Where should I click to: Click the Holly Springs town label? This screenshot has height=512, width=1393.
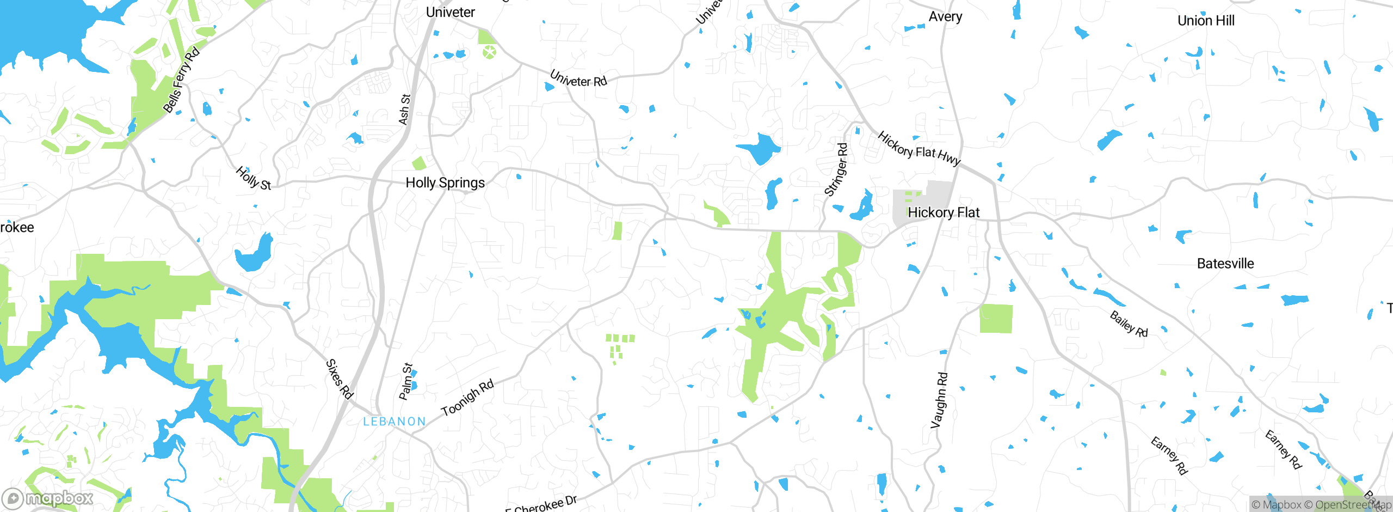(x=445, y=182)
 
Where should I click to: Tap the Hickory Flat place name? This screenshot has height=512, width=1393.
(x=944, y=212)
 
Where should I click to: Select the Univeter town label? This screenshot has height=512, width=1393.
(x=450, y=12)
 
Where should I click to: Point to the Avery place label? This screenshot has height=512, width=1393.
(x=945, y=16)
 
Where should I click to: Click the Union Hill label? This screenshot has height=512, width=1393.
(x=1206, y=21)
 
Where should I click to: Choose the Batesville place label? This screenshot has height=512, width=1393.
(x=1225, y=264)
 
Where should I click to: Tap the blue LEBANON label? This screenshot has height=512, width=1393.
(x=395, y=422)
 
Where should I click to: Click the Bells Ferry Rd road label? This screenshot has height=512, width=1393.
(x=182, y=80)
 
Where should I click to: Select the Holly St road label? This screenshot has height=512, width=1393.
(x=253, y=178)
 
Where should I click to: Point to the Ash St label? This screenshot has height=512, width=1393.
(x=405, y=109)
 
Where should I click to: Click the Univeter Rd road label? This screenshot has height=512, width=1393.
(x=578, y=78)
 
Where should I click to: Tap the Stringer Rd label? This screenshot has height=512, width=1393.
(x=836, y=169)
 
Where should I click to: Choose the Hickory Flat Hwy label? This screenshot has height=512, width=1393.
(x=919, y=149)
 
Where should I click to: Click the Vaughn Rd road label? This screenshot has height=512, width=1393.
(x=939, y=400)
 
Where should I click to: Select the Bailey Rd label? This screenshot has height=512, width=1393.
(x=1129, y=324)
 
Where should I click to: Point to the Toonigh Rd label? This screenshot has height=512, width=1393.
(x=467, y=398)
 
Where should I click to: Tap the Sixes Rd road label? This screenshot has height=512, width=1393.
(x=340, y=379)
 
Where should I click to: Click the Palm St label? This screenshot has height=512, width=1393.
(x=406, y=381)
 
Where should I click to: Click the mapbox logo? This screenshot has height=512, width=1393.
(x=48, y=498)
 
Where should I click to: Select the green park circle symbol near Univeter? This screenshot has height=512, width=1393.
(x=489, y=53)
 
